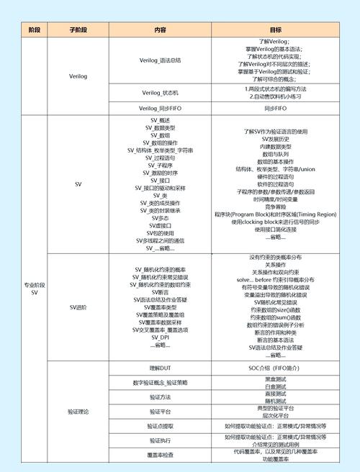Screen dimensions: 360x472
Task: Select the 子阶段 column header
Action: [x=78, y=29]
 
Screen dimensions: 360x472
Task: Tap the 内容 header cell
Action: [x=160, y=29]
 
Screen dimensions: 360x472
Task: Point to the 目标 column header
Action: [x=275, y=29]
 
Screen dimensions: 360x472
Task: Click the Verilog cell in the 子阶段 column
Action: [x=78, y=75]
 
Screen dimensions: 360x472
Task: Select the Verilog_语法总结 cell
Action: [x=160, y=60]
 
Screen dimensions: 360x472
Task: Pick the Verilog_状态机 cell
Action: [x=160, y=93]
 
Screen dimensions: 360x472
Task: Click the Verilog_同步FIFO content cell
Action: [x=160, y=108]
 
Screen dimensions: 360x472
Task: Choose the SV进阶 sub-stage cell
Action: [x=78, y=307]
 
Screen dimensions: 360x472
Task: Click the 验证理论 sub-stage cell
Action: [x=78, y=411]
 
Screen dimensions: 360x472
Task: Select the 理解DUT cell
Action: [x=160, y=368]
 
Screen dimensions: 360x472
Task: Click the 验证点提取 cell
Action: [x=160, y=426]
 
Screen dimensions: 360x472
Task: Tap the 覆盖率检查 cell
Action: [x=160, y=455]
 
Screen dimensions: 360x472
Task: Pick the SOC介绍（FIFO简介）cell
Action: [x=275, y=368]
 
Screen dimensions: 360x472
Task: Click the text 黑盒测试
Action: [x=275, y=378]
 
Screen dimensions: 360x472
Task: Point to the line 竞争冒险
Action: [x=275, y=206]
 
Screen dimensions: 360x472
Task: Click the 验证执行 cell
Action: [x=160, y=440]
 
